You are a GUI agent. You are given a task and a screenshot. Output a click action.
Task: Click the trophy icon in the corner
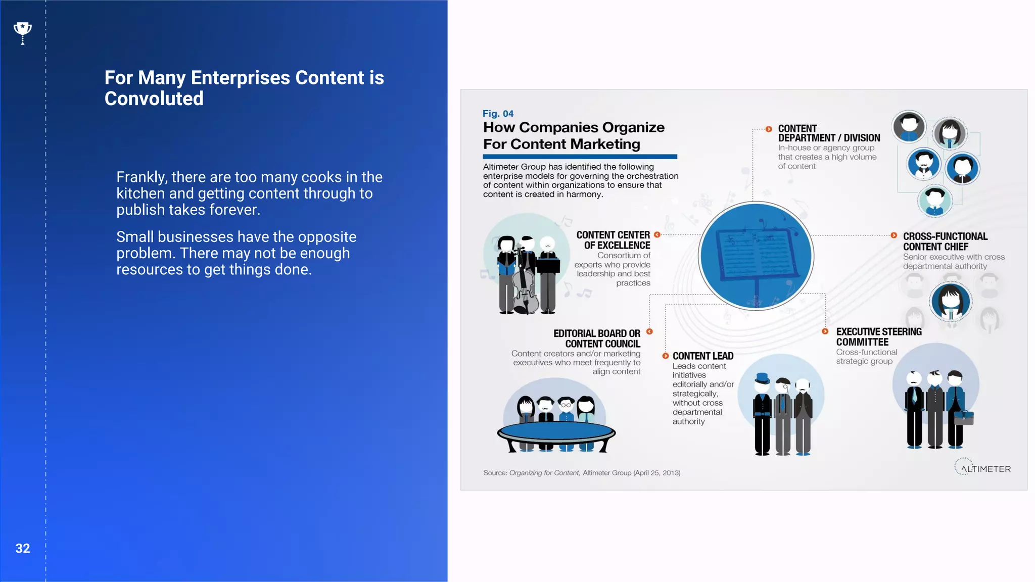pos(22,33)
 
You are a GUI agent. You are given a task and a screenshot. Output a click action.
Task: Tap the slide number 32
pos(23,549)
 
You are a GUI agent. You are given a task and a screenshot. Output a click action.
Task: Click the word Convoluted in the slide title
pos(154,99)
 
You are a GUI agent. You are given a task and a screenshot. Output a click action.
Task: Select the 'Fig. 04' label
pos(498,114)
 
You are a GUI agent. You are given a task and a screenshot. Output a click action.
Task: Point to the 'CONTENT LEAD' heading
pos(702,356)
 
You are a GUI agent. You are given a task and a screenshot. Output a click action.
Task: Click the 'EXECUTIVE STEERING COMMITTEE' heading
pos(878,337)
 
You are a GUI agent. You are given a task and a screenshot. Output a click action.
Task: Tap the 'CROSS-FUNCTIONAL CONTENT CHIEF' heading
pos(945,241)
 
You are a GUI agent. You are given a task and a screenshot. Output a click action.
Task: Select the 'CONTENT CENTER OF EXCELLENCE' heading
pos(613,240)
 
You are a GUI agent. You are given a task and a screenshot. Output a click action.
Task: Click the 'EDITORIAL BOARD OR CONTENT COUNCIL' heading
pos(597,338)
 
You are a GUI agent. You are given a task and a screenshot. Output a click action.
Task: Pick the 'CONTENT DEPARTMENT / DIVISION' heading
pos(828,133)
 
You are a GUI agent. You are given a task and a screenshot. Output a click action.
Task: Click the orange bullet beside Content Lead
pos(666,356)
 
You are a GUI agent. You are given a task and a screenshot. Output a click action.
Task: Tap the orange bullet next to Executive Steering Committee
pos(825,331)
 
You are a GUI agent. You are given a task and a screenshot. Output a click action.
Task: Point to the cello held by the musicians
pos(524,285)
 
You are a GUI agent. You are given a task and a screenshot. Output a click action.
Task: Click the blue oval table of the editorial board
pos(556,432)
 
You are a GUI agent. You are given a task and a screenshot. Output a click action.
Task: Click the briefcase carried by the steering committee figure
pos(964,417)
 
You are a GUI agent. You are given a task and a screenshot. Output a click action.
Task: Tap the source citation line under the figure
pos(582,473)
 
